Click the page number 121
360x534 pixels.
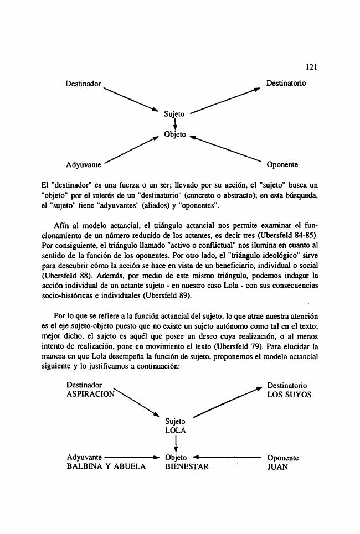point(310,67)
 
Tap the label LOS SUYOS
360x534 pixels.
point(289,395)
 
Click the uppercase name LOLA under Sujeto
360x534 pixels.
point(175,429)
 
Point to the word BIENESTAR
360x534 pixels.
point(187,466)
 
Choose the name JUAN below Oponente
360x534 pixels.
point(277,466)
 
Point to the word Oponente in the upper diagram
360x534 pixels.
point(282,164)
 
